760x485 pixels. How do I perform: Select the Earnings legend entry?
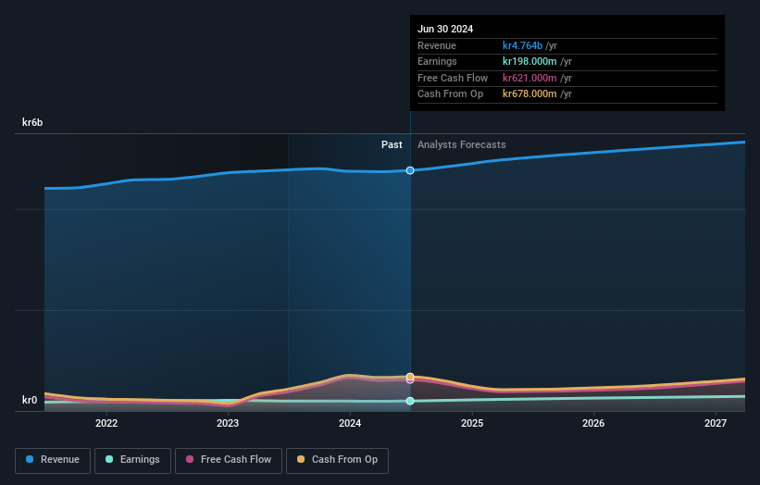click(x=131, y=460)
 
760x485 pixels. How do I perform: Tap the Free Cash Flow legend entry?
click(x=228, y=460)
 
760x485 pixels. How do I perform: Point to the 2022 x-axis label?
click(x=106, y=424)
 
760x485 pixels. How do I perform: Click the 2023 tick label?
click(x=228, y=424)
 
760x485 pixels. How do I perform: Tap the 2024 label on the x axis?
click(x=350, y=424)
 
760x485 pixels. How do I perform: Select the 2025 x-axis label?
click(x=472, y=424)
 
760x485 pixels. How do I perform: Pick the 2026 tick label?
click(x=593, y=424)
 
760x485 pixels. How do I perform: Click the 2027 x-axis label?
click(x=716, y=424)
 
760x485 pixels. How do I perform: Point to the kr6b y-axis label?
click(x=33, y=122)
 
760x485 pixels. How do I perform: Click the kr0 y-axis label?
click(x=30, y=401)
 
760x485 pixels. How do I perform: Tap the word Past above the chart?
click(x=392, y=144)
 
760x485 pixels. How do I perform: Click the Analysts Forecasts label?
click(x=462, y=144)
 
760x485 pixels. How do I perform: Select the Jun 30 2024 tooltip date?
click(x=445, y=29)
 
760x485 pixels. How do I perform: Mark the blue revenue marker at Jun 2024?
click(x=410, y=170)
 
